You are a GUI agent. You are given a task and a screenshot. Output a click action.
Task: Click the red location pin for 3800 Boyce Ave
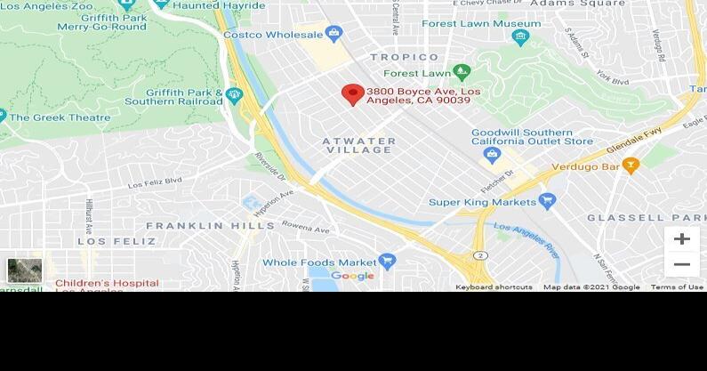coord(353,93)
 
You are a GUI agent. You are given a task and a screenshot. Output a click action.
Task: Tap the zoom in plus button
coord(682,238)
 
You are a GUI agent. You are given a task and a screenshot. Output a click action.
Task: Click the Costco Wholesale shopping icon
coord(334,35)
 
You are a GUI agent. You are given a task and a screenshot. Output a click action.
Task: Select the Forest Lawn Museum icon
coord(521,37)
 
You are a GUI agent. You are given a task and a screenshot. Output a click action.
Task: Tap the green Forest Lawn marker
coord(461,72)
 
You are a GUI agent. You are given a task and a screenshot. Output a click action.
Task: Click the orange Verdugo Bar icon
coord(631,165)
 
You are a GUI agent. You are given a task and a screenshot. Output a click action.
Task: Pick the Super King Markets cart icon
coord(548,202)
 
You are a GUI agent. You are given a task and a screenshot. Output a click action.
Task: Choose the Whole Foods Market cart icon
coord(387,262)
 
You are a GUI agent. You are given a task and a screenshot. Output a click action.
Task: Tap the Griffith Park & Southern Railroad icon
coord(234,95)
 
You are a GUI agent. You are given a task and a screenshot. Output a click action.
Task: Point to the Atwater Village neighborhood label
coord(358,145)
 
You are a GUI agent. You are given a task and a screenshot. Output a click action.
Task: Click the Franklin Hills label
coord(198,226)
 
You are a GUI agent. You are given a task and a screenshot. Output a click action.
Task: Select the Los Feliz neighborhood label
coord(104,241)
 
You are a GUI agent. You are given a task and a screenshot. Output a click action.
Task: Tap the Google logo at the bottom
coord(353,276)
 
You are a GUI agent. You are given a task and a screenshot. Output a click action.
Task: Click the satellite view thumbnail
coord(24,270)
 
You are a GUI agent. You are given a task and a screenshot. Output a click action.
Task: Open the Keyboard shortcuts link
coord(494,287)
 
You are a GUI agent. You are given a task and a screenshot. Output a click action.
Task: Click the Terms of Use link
coord(677,287)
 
